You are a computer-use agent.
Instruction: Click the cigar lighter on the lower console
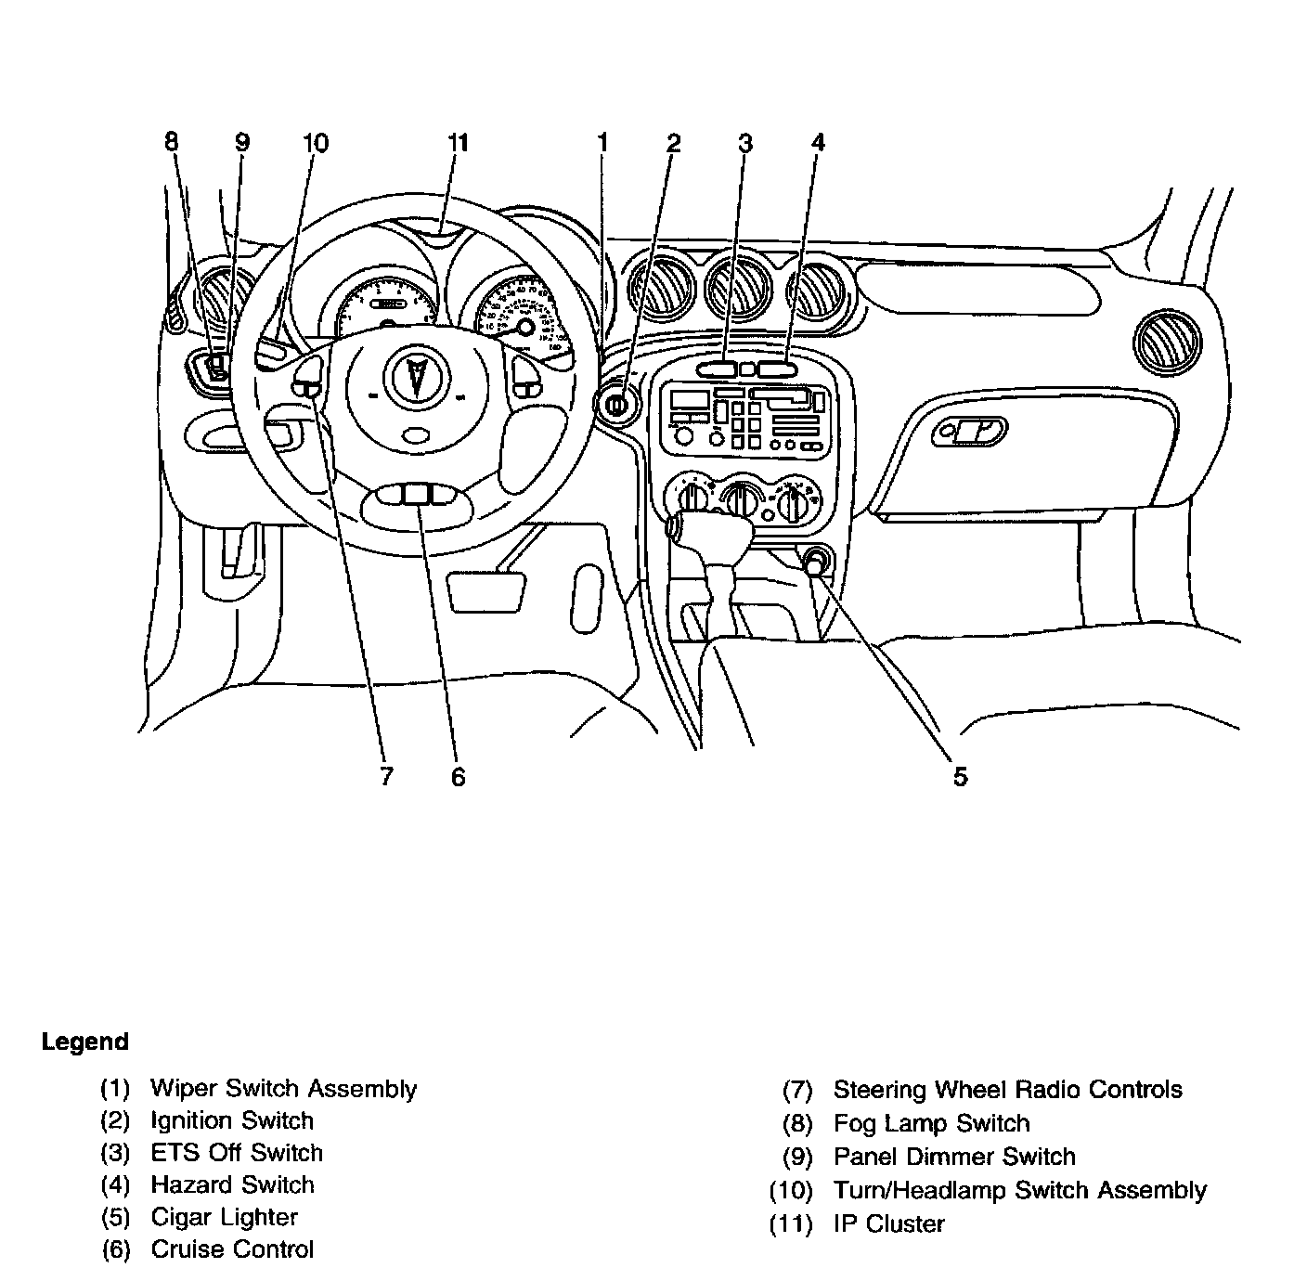(816, 562)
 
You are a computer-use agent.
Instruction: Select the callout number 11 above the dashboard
(458, 143)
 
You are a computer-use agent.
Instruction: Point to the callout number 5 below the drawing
(960, 776)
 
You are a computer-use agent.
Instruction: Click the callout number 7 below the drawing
(386, 776)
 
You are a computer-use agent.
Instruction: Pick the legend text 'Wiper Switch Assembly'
(283, 1088)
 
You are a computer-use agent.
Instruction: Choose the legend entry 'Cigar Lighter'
(224, 1217)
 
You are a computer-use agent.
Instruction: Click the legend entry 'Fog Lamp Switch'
(931, 1123)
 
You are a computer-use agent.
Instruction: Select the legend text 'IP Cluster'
(888, 1223)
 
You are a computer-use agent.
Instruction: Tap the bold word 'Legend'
(84, 1042)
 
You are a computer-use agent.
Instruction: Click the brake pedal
(485, 591)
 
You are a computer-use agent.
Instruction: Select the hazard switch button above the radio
(776, 369)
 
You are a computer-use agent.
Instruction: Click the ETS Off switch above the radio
(715, 369)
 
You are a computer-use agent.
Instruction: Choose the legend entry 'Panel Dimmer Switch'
(954, 1157)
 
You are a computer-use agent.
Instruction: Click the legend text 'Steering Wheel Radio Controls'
(1007, 1090)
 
